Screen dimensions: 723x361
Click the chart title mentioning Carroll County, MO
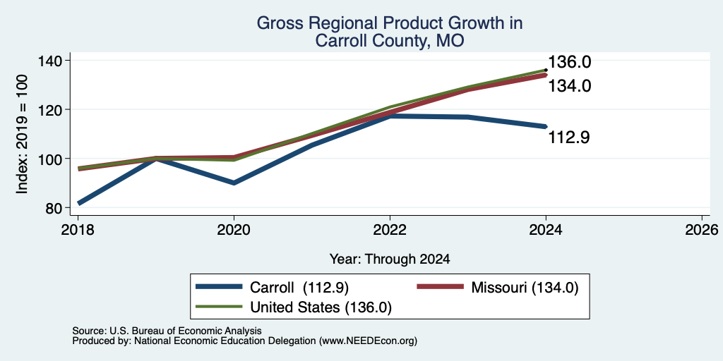pos(389,32)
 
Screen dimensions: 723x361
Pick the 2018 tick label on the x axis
pos(78,230)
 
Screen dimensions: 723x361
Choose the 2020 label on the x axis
pos(234,230)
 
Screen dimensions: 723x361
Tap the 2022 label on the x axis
pos(390,230)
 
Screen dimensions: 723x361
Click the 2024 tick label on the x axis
pos(546,230)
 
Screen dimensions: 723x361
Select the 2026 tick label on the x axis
pos(702,230)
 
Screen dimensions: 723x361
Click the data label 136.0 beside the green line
pos(570,62)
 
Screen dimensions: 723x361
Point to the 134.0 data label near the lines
pos(570,86)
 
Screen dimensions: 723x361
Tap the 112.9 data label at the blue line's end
pos(569,137)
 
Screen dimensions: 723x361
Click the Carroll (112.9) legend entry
pos(272,287)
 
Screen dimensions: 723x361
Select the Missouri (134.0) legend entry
pos(498,287)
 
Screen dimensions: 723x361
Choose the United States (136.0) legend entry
pos(294,307)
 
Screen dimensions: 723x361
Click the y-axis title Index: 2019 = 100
pos(22,135)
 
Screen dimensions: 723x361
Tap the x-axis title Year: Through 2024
pos(390,259)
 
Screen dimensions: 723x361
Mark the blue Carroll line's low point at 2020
pos(234,183)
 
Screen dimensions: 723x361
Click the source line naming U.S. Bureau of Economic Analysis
pos(167,331)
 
